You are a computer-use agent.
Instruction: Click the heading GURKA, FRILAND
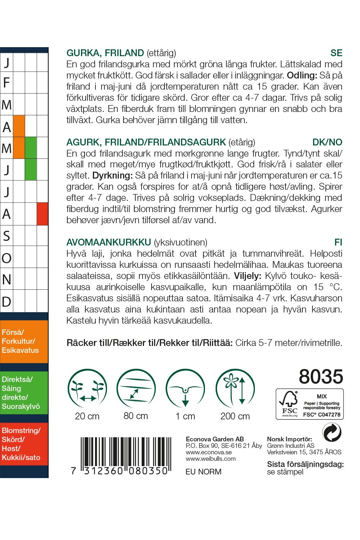tap(105, 53)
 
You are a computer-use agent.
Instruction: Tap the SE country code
tap(336, 53)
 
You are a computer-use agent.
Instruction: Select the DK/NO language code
tap(327, 142)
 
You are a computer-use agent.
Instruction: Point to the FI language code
tap(338, 242)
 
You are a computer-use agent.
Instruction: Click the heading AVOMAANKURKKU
tap(109, 242)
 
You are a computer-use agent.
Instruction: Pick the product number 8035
tap(321, 377)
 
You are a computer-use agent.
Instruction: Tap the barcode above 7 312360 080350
tap(124, 452)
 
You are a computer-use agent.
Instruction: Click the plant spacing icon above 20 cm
tap(87, 388)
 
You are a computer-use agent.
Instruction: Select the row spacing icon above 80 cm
tap(136, 388)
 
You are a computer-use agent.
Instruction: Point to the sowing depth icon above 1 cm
tap(185, 388)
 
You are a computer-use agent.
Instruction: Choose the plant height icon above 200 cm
tap(235, 388)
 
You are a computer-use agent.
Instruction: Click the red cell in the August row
tap(42, 214)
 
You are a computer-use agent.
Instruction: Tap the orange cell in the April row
tap(19, 126)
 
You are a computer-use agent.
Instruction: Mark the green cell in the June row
tap(31, 170)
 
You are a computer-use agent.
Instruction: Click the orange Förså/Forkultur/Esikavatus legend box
tap(24, 341)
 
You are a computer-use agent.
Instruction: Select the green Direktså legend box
tap(24, 393)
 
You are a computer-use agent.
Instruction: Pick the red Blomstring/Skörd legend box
tap(24, 444)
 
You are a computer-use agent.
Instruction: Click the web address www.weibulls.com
tap(211, 459)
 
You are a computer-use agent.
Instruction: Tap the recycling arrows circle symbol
tap(331, 432)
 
